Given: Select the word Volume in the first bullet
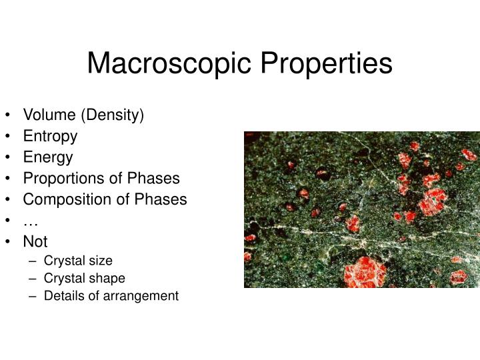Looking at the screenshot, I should pos(50,115).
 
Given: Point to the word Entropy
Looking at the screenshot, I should pos(50,137).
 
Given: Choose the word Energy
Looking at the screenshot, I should pos(48,157).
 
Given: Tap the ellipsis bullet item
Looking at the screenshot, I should pos(30,221).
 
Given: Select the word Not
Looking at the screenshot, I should pos(35,241).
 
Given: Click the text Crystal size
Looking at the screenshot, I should pos(78,261).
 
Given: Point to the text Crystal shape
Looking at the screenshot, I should pos(84,278).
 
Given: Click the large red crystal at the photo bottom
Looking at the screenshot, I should pos(365,271).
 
